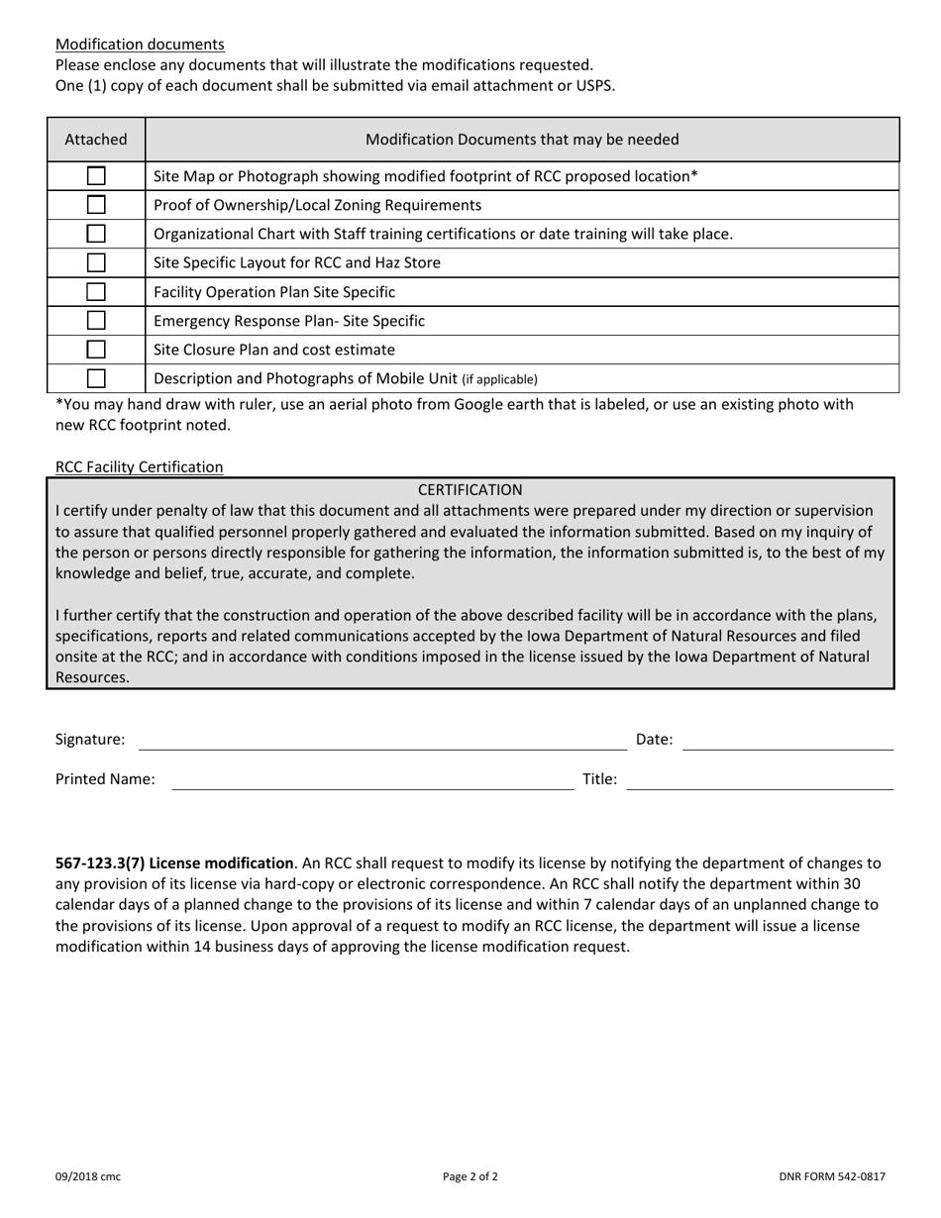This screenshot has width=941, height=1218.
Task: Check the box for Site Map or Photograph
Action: point(96,176)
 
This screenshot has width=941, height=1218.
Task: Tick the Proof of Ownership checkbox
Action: point(96,205)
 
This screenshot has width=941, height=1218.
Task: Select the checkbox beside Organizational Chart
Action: point(96,234)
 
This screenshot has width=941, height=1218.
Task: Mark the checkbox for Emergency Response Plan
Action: point(96,321)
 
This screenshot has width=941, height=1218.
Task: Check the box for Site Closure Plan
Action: point(96,350)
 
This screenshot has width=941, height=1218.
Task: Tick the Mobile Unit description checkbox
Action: point(96,378)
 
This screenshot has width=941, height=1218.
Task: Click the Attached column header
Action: point(96,140)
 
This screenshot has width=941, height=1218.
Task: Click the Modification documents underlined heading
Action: point(140,45)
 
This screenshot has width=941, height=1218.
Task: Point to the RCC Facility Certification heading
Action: point(140,466)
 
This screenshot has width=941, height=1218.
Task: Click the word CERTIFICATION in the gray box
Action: point(470,490)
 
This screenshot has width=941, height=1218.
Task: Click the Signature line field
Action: point(382,742)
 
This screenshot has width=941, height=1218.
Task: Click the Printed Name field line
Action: point(372,781)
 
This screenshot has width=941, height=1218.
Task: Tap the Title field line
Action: point(760,781)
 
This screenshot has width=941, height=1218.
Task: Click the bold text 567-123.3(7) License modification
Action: point(174,863)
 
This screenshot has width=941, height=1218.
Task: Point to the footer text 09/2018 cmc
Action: point(88,1177)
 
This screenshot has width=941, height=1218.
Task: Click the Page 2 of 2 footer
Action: point(470,1177)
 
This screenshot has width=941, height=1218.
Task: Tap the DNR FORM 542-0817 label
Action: point(831,1177)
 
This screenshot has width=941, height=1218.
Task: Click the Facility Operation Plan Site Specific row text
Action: point(274,292)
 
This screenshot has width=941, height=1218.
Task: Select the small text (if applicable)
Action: point(499,379)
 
